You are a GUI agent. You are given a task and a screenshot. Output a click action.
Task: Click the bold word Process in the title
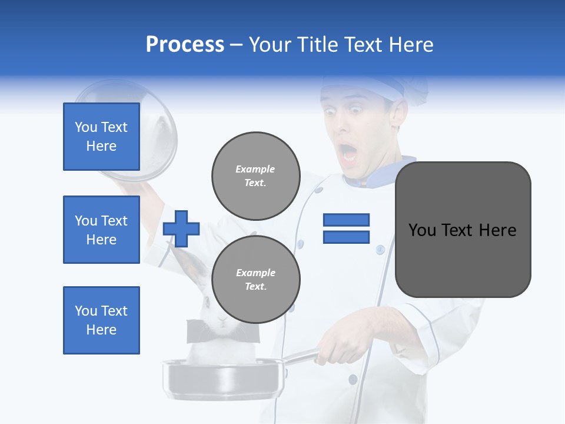pos(185,45)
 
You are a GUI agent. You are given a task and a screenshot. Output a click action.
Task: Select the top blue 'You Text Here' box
pos(101,137)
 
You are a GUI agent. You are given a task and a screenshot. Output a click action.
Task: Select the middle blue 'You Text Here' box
pos(101,230)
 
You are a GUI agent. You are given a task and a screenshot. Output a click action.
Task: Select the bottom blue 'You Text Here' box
pos(101,320)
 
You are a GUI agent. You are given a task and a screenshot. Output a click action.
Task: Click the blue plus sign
pos(181,228)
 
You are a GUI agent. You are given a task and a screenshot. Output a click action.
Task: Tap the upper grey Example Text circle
pos(255,176)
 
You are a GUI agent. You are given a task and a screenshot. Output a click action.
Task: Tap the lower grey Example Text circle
pos(255,280)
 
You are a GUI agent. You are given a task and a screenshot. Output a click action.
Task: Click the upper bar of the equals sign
pos(346,220)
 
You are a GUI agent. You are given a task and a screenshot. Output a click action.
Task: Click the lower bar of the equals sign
pos(346,237)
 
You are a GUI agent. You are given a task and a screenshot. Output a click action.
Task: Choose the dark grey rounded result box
pos(463,230)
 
